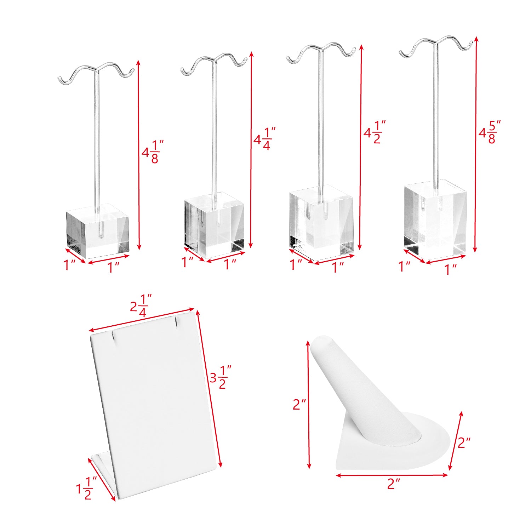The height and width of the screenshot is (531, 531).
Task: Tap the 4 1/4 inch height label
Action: click(x=264, y=139)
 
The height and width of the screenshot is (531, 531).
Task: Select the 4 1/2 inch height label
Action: click(x=375, y=132)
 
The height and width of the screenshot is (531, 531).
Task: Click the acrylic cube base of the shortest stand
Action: click(x=97, y=231)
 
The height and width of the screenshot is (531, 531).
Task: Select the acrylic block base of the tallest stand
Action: click(x=435, y=218)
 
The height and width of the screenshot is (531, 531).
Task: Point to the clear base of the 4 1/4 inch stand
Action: click(x=214, y=225)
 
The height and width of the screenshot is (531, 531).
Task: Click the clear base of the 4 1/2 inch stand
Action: click(x=321, y=223)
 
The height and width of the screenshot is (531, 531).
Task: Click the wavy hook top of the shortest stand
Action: click(x=96, y=74)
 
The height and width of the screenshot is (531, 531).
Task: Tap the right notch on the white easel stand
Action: click(x=176, y=322)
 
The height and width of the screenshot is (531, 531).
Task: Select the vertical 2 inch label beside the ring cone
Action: click(x=299, y=404)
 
